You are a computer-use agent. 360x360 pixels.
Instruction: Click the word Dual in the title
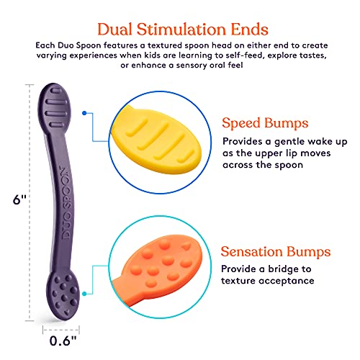click(114, 30)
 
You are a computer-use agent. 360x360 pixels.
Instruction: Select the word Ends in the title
click(250, 30)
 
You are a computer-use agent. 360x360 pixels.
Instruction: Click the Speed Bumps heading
click(265, 124)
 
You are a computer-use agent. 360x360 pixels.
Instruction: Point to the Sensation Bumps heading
click(276, 251)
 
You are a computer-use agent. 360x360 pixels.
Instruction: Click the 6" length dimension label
click(19, 199)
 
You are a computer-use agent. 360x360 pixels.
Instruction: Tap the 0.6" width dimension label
click(63, 341)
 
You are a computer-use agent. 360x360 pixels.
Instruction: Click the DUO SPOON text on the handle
click(66, 204)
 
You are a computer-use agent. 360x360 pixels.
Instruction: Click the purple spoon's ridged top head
click(55, 108)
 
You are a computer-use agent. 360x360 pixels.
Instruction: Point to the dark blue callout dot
click(84, 113)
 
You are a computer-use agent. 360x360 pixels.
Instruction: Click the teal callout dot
click(84, 294)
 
